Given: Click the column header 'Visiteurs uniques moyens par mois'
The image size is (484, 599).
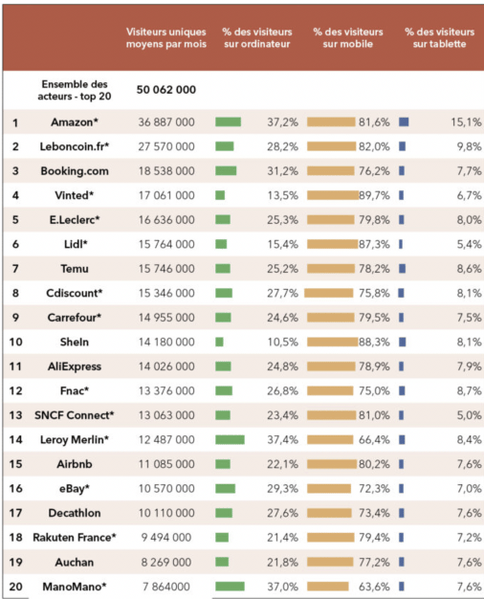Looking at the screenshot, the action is pos(166,38).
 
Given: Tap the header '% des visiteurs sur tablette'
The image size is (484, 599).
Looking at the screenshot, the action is pos(440,38).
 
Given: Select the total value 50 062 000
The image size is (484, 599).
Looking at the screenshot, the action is pos(166,90).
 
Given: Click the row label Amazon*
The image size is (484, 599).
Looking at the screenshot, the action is pos(75,122).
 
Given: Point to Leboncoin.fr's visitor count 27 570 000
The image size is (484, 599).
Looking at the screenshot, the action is pos(166,146).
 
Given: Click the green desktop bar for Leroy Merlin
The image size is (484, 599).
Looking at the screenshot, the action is pos(230,440).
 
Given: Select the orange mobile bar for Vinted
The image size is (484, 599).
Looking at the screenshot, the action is pos(333,195).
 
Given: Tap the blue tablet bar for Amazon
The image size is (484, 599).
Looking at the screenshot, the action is pos(404,122).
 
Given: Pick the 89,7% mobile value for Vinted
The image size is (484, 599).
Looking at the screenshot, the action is pos(374,195).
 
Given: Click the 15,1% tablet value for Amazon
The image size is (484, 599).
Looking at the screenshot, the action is pos(466,122).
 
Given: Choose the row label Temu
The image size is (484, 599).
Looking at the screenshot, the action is pos(75,269).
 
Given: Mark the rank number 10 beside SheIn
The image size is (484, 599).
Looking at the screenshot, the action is pos(15,342).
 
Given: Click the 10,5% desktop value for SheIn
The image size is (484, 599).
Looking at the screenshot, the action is pos(283,342).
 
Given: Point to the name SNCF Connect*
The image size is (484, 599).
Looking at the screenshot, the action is pos(75,415).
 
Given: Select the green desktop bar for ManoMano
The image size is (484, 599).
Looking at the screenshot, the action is pos(230,586).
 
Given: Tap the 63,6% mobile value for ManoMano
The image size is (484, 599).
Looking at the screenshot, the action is pos(374,587).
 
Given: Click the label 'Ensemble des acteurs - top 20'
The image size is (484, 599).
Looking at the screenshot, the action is pos(75,90).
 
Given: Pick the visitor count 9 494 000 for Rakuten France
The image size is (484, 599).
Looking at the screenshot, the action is pos(166,538).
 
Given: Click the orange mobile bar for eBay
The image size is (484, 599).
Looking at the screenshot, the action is pos(329,488).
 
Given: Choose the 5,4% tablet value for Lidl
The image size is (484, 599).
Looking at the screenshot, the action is pos(469,245).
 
